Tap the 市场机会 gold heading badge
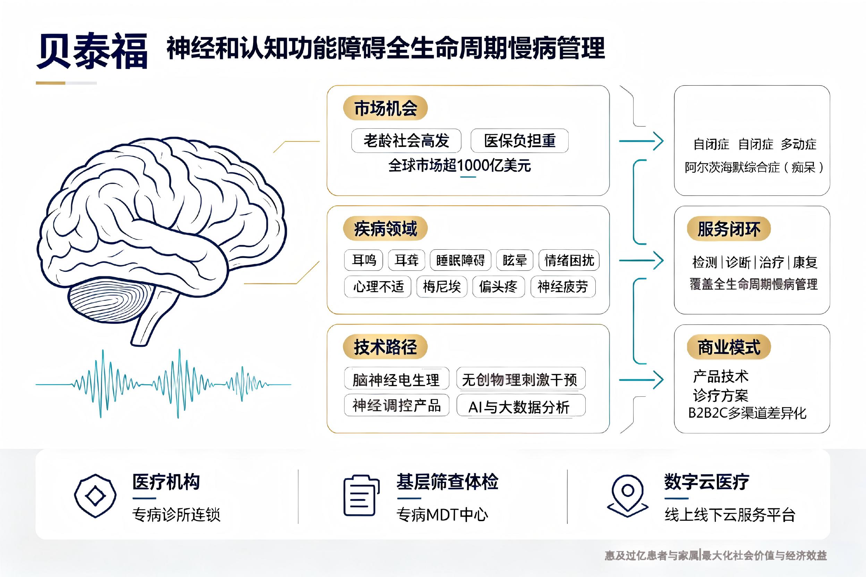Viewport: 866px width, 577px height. (385, 108)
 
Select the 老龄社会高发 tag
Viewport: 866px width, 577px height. (406, 140)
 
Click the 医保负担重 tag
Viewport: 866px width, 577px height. (519, 140)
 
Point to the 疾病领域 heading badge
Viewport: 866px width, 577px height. (385, 229)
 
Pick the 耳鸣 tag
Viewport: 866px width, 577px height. (363, 260)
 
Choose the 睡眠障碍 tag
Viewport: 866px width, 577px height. (460, 260)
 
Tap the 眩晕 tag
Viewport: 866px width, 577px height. (515, 260)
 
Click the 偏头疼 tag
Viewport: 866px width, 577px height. (498, 287)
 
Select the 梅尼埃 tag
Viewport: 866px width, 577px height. (441, 287)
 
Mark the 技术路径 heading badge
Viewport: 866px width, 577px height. (385, 347)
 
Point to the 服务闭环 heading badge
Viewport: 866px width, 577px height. (729, 229)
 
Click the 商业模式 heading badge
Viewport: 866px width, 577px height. (729, 347)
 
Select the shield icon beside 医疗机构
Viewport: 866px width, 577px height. (95, 496)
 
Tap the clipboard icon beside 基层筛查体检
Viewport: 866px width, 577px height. (362, 495)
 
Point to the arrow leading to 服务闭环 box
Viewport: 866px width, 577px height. (641, 260)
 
